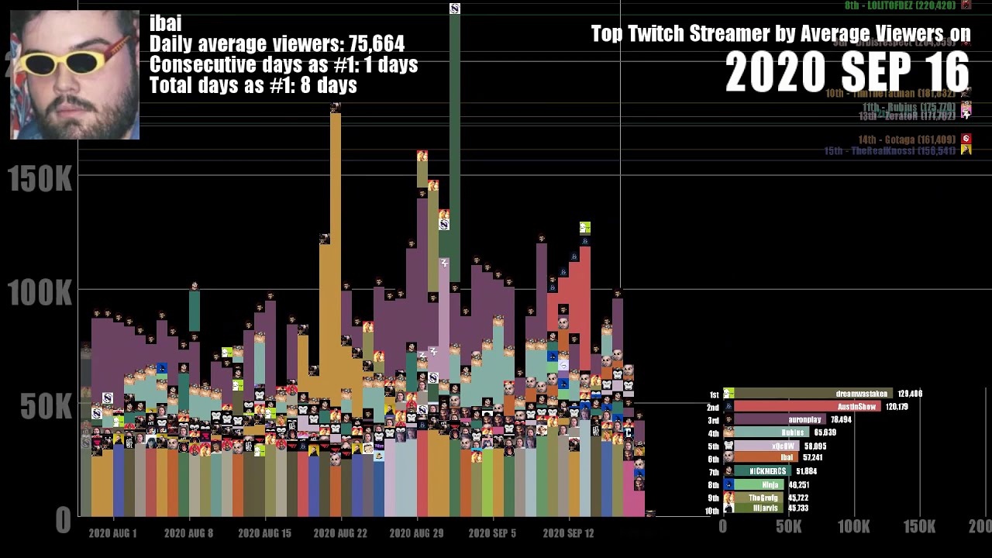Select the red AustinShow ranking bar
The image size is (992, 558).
pos(806,407)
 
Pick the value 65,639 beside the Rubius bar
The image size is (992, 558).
pos(825,432)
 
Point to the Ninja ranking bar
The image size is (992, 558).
pos(759,484)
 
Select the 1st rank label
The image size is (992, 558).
pos(714,394)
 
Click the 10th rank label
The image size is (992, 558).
pos(711,511)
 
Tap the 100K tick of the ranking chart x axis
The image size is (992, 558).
pos(853,527)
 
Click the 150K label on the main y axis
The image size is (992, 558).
pos(40,180)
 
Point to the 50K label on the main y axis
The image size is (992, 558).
pos(40,406)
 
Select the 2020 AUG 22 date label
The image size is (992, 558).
pos(340,533)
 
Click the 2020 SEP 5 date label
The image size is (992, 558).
pos(492,533)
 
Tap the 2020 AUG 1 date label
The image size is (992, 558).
pos(112,533)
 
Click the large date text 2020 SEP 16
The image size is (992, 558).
pos(847,73)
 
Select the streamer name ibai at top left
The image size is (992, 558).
pos(165,23)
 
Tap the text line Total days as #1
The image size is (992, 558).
pos(253,85)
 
